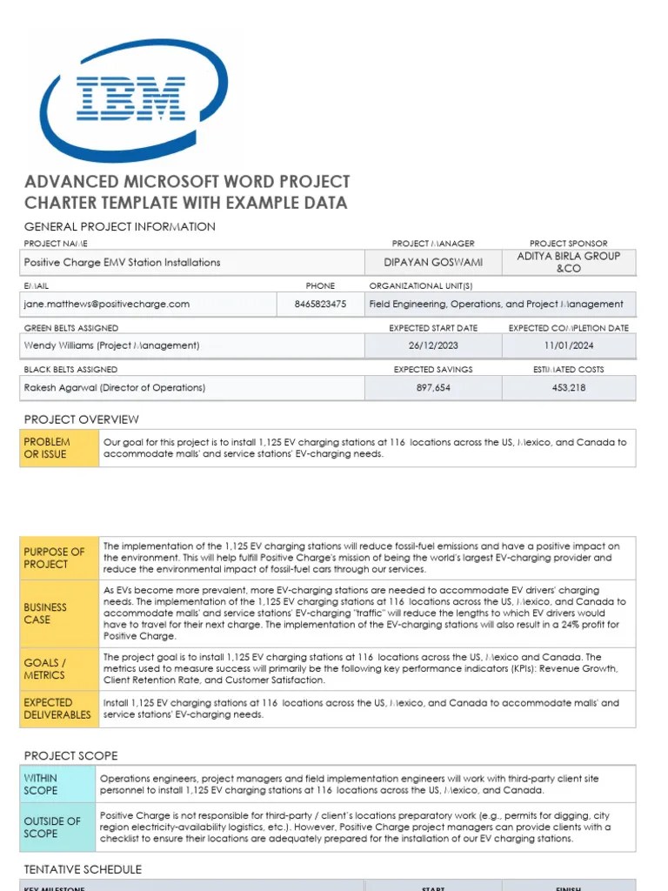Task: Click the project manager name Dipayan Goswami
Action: pos(432,262)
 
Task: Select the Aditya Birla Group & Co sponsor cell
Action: pos(569,262)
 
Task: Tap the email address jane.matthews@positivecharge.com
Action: pos(107,304)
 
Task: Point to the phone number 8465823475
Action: pos(320,304)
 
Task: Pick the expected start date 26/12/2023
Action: pos(432,345)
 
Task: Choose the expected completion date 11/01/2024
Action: pos(569,345)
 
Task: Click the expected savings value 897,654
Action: pos(432,387)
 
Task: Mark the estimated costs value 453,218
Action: pos(569,387)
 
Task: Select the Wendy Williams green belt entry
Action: pos(111,345)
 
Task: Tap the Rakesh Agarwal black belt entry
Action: pos(115,387)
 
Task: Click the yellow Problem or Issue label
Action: pos(59,447)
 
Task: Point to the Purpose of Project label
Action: pos(59,558)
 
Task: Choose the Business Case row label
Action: pos(59,613)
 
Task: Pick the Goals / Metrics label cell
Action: pos(59,668)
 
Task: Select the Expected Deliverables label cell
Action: pos(59,708)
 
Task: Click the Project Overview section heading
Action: pos(81,419)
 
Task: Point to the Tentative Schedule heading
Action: pos(83,869)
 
